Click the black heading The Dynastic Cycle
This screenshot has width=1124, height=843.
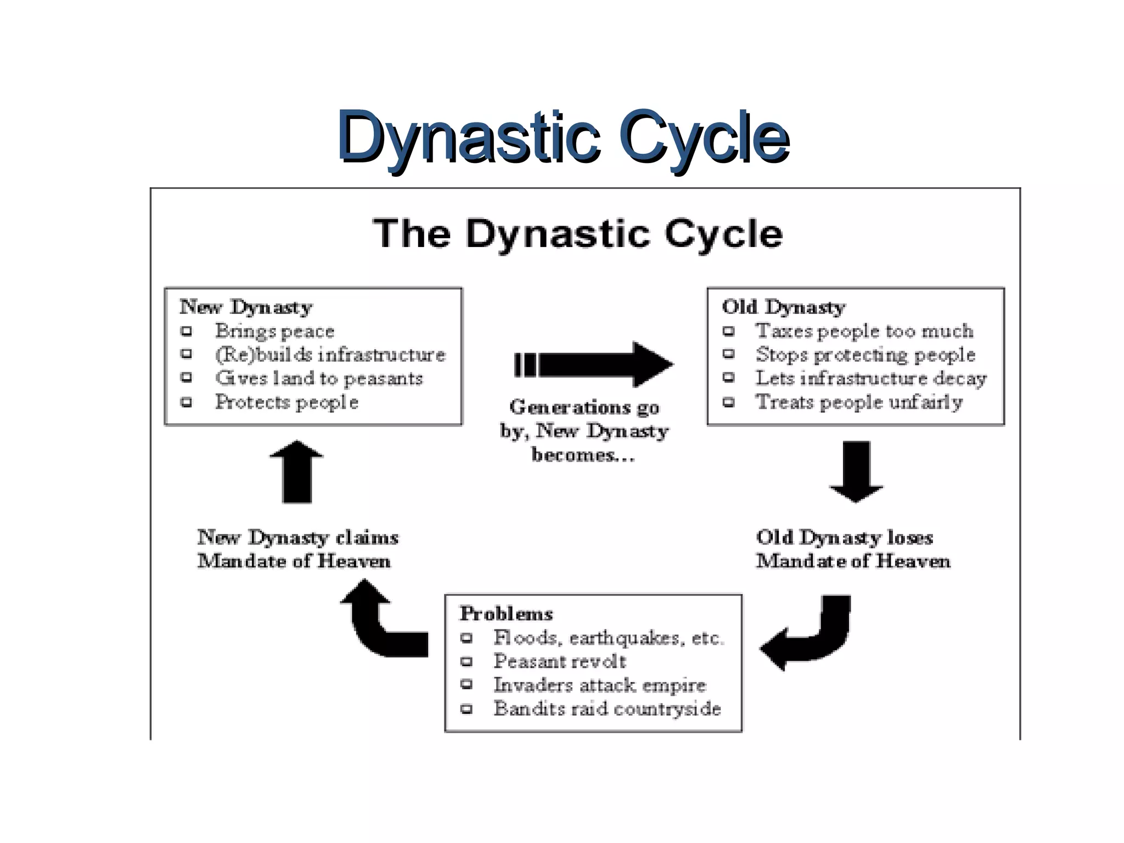(577, 234)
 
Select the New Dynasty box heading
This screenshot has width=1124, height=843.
(246, 307)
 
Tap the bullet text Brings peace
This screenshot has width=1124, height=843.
(274, 331)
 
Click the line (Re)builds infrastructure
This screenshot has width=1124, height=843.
(330, 355)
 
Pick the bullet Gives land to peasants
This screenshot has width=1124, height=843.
(319, 378)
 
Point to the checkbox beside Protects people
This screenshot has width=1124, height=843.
(187, 402)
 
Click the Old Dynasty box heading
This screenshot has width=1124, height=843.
(783, 307)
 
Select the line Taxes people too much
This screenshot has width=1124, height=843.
(864, 331)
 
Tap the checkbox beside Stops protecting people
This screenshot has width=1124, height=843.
(728, 354)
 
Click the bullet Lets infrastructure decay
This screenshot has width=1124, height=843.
(870, 378)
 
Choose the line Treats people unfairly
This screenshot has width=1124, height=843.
(859, 402)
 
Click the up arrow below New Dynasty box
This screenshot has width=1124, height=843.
(297, 472)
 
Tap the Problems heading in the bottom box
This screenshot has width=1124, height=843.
(506, 614)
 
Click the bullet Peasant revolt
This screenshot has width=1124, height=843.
(559, 661)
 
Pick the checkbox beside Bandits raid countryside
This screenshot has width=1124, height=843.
(467, 709)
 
